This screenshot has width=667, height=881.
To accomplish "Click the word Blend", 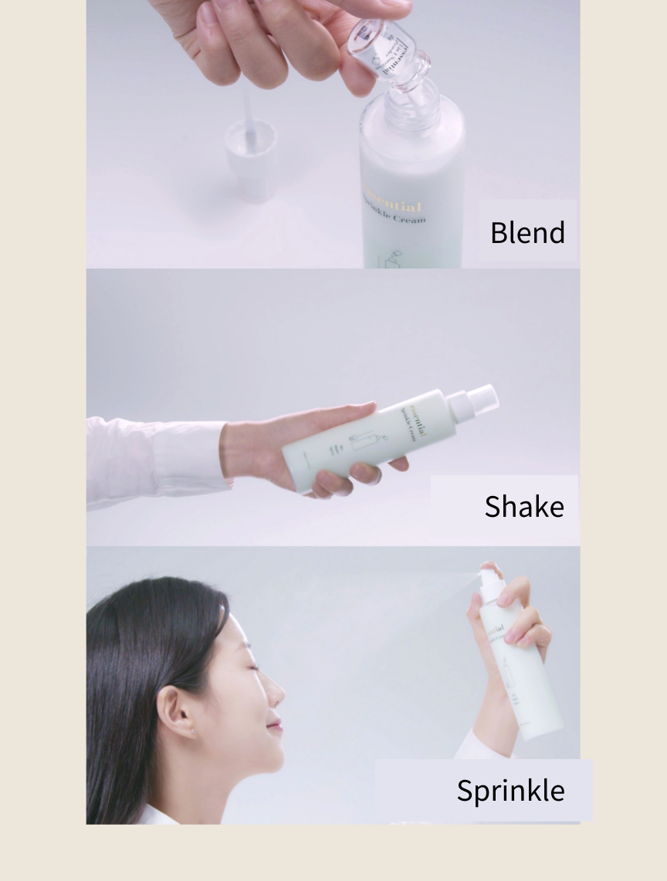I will point(527,232).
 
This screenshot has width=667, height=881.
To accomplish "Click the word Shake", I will point(524,506).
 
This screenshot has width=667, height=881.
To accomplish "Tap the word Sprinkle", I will point(510,790).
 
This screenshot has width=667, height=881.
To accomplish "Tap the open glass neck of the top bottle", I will point(412,105).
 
